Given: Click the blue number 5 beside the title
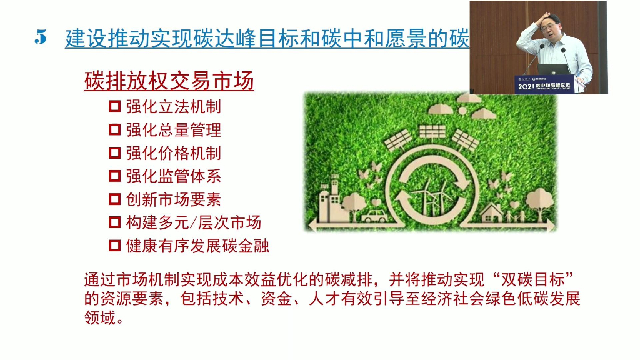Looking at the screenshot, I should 41,38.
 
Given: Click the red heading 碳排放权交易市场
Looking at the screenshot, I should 169,82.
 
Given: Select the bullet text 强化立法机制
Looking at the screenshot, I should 173,106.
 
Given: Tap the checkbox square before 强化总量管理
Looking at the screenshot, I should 114,130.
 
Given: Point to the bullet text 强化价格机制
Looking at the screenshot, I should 173,153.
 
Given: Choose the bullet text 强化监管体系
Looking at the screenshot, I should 173,176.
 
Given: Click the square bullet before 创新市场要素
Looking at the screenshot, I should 114,199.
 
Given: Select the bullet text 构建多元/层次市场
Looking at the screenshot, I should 193,222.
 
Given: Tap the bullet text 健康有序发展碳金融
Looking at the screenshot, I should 197,246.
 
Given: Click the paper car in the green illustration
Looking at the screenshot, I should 373,216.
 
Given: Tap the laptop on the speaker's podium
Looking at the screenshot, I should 552,69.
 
